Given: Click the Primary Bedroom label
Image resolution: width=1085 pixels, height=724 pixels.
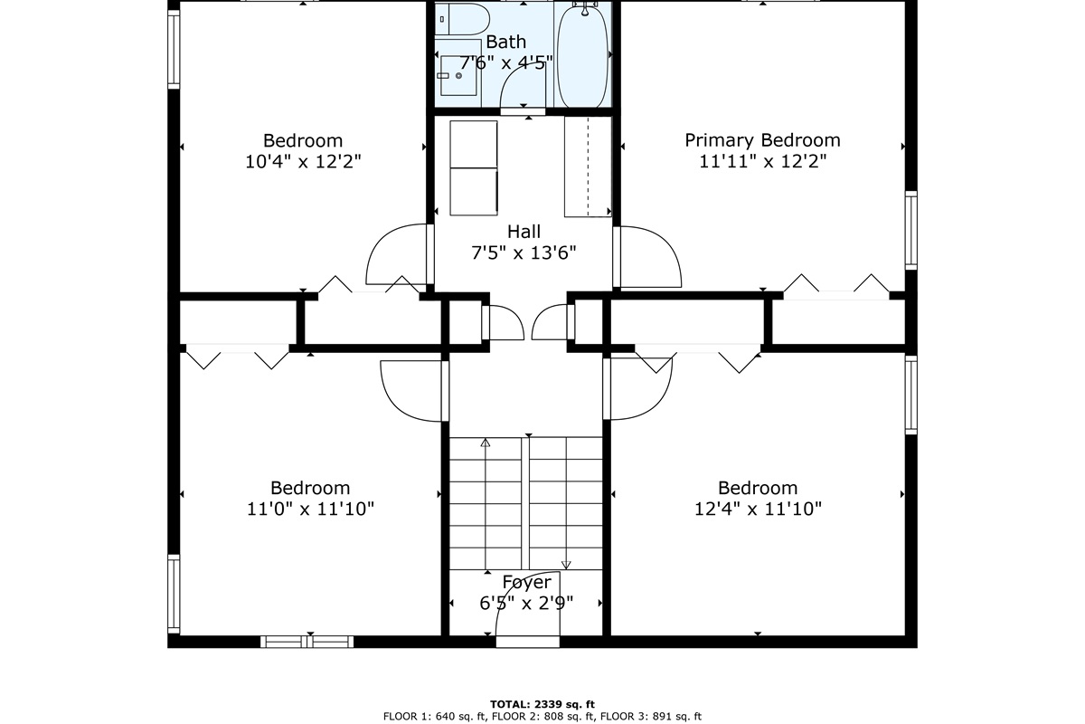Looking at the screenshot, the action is tap(762, 140).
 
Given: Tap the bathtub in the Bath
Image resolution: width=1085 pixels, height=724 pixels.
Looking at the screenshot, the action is tap(582, 56).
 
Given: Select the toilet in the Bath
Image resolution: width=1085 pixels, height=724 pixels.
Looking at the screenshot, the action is tap(462, 19).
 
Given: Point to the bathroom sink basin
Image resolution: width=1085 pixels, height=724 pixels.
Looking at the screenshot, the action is tap(458, 75).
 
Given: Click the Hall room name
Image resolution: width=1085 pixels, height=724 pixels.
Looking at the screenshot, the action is tap(524, 232).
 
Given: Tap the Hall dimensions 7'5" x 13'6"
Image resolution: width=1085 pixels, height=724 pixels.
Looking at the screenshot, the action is tap(524, 252).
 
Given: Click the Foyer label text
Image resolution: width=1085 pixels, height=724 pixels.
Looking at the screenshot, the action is tap(526, 582).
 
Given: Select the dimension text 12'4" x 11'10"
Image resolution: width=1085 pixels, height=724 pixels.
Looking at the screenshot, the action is tap(758, 510).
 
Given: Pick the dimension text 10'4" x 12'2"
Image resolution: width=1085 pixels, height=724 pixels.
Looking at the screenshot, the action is tap(303, 161).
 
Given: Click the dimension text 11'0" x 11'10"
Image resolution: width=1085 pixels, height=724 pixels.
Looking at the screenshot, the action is tap(310, 510).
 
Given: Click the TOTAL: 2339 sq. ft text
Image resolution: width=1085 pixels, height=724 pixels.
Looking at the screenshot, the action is tap(542, 705).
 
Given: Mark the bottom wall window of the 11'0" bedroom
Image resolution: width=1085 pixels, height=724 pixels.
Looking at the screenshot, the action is tap(307, 642).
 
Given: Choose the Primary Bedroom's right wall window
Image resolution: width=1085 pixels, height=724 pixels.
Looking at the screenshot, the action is tap(911, 231).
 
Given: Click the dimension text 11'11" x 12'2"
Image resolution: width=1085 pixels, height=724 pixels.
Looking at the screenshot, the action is tap(762, 161).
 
